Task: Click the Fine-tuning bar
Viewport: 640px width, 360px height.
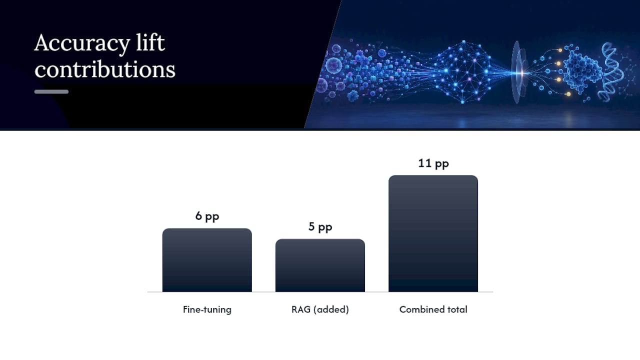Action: tap(207, 260)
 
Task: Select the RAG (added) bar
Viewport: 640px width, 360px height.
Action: tap(320, 265)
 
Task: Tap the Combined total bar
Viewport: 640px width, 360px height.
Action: tap(433, 233)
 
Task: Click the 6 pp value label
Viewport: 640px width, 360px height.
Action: tap(207, 216)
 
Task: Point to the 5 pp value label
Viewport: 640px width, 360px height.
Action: tap(320, 227)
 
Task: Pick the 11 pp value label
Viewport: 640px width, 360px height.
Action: tap(433, 163)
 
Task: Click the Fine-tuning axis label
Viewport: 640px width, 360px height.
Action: tap(207, 309)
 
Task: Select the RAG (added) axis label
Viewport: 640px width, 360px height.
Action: tap(320, 309)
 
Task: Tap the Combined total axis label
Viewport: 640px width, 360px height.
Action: tap(433, 309)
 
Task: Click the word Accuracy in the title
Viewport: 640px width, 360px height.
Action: tap(82, 43)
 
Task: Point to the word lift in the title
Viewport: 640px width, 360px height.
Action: tap(150, 42)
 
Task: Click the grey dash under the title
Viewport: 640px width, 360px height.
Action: tap(51, 91)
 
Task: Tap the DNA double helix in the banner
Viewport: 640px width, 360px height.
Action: tap(612, 71)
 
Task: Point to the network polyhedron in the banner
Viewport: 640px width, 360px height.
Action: tap(462, 72)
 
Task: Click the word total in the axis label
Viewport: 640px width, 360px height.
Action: tap(457, 309)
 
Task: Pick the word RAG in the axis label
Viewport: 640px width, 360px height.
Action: tap(301, 309)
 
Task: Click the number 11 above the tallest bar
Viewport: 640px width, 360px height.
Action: tap(424, 163)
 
